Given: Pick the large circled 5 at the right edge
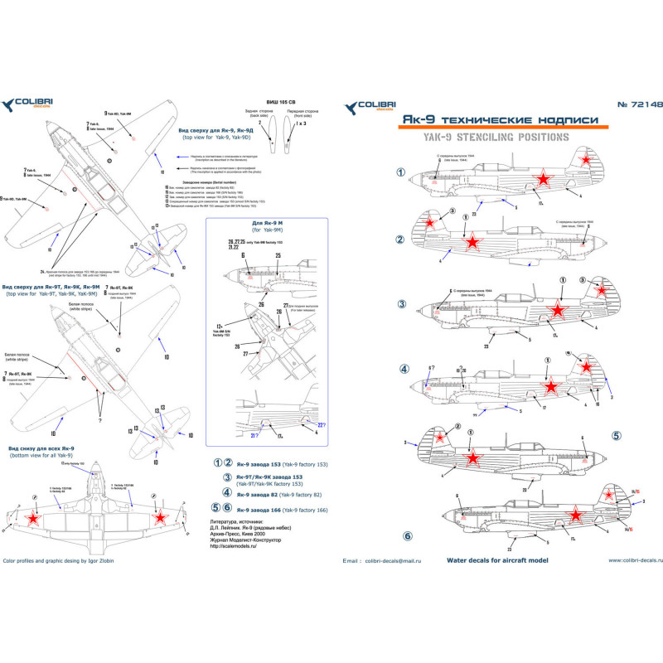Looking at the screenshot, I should coord(617,434).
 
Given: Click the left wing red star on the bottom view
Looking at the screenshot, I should coord(34,519).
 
